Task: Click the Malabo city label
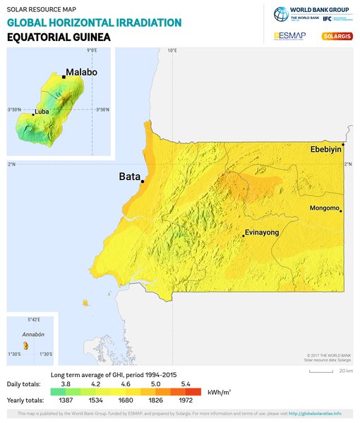[x=81, y=73]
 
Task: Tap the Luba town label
[x=42, y=112]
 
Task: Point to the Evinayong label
[x=262, y=232]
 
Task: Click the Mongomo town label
[x=325, y=208]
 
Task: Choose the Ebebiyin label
[x=325, y=150]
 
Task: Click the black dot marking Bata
[x=143, y=181]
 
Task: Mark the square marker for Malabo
[x=64, y=76]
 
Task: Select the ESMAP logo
[x=289, y=35]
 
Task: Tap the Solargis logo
[x=335, y=35]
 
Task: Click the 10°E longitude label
[x=172, y=51]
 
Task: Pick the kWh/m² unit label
[x=217, y=391]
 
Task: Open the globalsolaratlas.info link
[x=316, y=413]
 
